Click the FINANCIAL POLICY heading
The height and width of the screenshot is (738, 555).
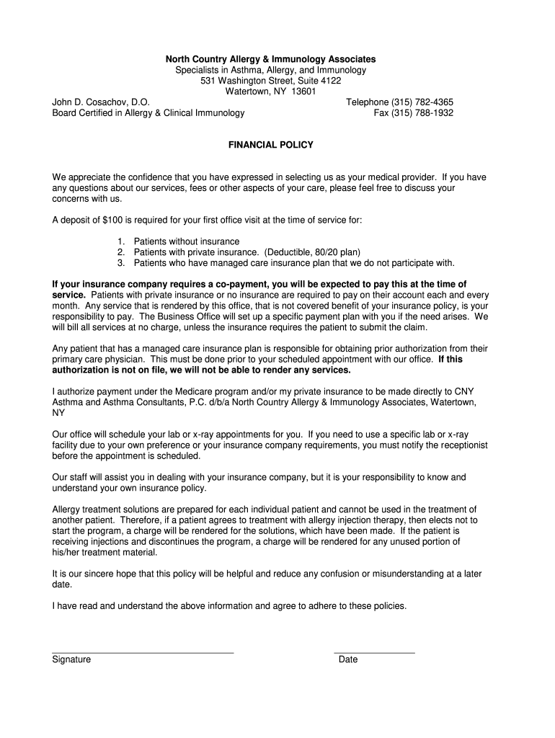[271, 145]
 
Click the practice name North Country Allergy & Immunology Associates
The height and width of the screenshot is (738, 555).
[271, 58]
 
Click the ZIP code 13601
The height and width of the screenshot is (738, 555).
[303, 92]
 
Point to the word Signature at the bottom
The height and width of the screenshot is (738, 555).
[71, 659]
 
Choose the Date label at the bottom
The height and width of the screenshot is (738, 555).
[348, 659]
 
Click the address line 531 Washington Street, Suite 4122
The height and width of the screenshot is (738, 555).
[271, 81]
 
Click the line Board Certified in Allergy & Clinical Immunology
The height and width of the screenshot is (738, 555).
[148, 113]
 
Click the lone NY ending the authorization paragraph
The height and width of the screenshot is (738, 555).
[58, 413]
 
